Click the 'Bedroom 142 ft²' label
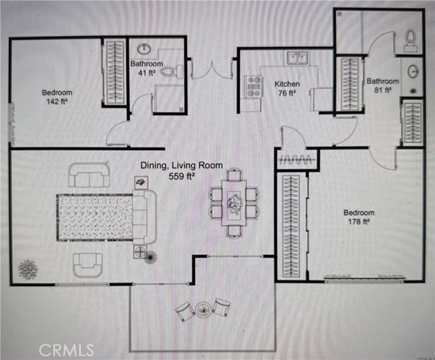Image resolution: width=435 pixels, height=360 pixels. (x=57, y=97)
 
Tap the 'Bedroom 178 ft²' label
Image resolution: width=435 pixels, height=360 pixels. (x=359, y=217)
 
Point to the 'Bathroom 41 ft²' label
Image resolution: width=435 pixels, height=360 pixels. (x=145, y=69)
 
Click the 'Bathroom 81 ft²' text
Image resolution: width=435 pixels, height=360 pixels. (x=381, y=85)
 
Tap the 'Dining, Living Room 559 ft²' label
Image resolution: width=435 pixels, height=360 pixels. (x=168, y=170)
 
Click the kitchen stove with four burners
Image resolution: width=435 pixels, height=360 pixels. (x=254, y=85)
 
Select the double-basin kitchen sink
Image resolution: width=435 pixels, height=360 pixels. (x=298, y=57)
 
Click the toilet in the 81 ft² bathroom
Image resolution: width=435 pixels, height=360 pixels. (x=410, y=41)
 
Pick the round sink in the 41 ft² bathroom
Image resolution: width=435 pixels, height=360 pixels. (x=145, y=49)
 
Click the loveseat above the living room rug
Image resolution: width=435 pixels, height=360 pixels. (x=88, y=176)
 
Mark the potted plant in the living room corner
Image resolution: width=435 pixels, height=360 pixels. (x=28, y=269)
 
